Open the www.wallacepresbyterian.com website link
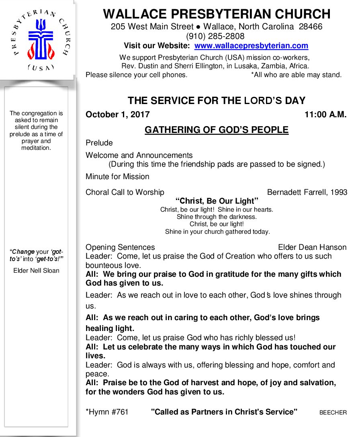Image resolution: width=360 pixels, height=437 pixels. tap(251, 46)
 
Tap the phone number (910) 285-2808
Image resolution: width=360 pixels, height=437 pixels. tap(217, 37)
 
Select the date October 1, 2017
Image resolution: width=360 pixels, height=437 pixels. tap(117, 114)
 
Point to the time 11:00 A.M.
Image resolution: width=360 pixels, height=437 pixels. tap(325, 114)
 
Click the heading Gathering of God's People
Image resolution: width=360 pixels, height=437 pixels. tap(217, 130)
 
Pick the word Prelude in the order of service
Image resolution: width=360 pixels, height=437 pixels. tap(99, 143)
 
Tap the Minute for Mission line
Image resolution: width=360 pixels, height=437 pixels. tap(117, 177)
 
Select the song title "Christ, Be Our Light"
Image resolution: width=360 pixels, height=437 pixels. tap(217, 201)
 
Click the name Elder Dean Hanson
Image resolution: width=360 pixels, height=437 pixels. tap(312, 247)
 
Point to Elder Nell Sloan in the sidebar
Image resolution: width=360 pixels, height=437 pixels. tap(36, 271)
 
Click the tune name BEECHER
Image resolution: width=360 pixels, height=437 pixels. tap(333, 412)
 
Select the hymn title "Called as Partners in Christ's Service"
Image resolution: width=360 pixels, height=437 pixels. tap(224, 412)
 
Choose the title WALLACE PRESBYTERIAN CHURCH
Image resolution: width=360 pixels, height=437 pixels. tap(217, 14)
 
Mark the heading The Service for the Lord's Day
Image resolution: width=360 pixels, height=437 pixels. tap(217, 101)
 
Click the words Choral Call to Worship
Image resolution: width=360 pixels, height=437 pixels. tap(125, 192)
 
